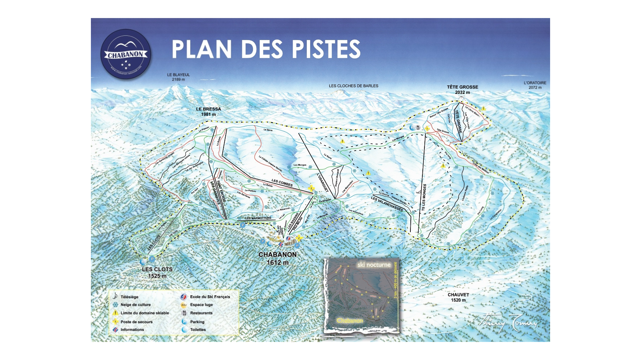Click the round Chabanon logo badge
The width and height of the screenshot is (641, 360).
tap(126, 54)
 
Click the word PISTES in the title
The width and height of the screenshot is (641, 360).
tap(327, 49)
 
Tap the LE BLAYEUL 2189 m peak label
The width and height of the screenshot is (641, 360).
tap(178, 77)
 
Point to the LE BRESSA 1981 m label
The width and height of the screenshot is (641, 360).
tap(209, 112)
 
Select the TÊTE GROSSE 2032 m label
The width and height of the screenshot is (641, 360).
tap(463, 89)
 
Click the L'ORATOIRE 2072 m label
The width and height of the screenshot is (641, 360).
tap(535, 85)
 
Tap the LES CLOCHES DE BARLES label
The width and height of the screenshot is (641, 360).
tap(353, 86)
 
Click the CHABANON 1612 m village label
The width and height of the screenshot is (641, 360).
tap(277, 258)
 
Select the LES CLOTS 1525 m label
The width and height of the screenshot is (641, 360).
tap(157, 273)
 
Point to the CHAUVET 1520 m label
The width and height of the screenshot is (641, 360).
tap(458, 297)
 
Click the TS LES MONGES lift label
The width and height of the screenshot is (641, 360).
tap(424, 197)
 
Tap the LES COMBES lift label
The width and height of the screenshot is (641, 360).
tap(282, 183)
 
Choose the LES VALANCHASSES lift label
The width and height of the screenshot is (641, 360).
tap(387, 204)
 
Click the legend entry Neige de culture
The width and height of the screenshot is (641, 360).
tap(135, 305)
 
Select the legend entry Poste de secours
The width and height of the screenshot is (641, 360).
tap(136, 322)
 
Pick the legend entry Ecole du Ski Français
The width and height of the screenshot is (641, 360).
tap(210, 297)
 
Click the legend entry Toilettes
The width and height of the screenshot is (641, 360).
tap(198, 330)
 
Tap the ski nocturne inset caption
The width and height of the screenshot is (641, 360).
tap(374, 265)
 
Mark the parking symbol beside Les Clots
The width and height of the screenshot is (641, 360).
tap(152, 259)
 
